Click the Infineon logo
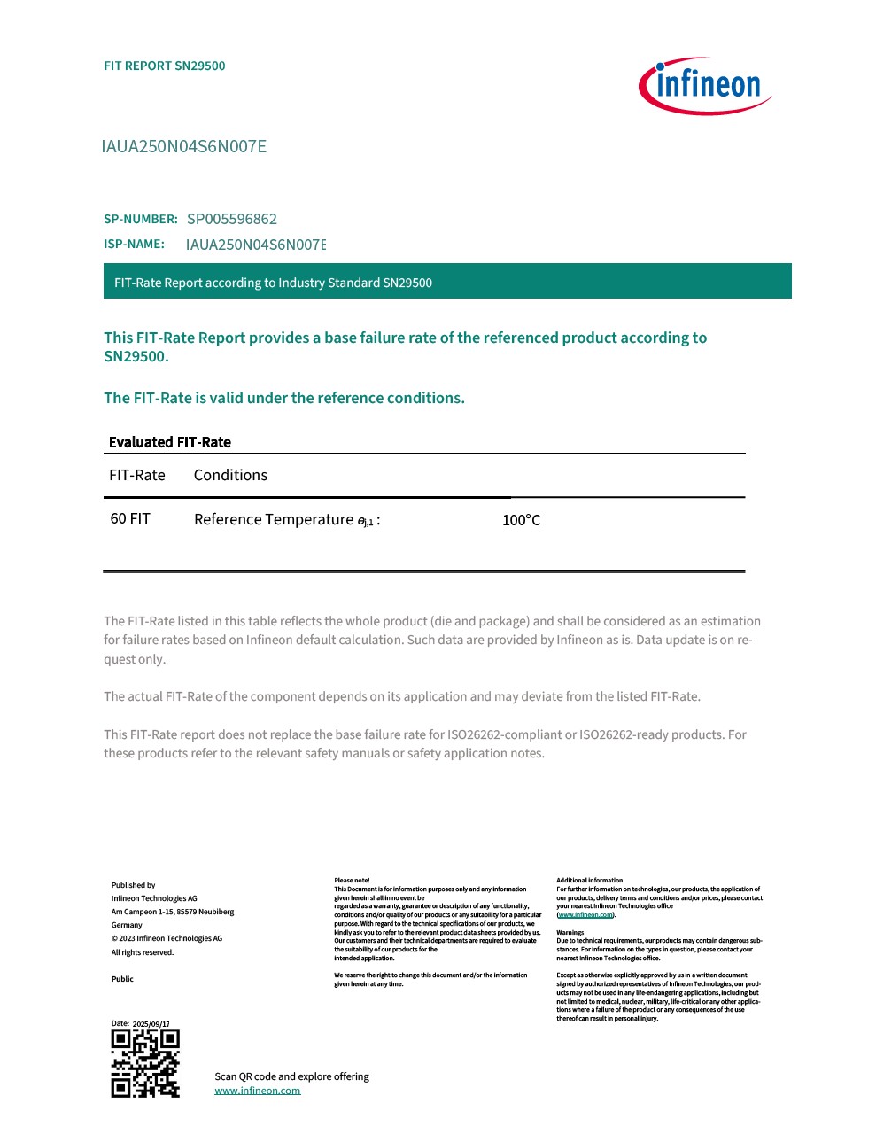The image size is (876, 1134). tap(705, 86)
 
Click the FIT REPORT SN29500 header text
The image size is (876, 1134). tap(165, 66)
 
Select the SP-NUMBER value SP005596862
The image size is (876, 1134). tap(232, 219)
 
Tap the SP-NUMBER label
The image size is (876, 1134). tap(141, 219)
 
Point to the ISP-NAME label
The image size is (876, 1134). tap(134, 244)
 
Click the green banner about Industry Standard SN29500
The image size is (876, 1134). tap(447, 282)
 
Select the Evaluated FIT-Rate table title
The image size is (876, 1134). tap(169, 442)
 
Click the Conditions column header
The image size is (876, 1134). tap(230, 475)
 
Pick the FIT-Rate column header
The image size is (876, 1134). tap(137, 475)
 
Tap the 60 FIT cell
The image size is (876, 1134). tap(130, 518)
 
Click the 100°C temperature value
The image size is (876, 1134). tap(521, 520)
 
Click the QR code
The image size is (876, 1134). tap(145, 1063)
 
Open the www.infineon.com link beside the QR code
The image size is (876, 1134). tap(257, 1091)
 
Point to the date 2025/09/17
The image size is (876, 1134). tap(151, 1024)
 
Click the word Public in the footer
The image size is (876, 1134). tap(122, 979)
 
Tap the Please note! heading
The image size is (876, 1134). tap(352, 881)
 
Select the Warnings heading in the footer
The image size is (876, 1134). tap(570, 932)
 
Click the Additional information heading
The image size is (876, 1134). tap(589, 881)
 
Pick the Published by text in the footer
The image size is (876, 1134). tap(133, 885)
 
